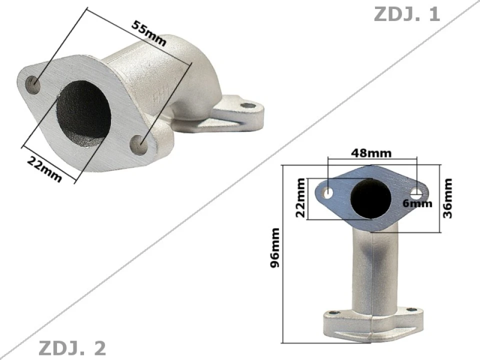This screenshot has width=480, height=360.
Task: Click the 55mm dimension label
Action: click(148, 32)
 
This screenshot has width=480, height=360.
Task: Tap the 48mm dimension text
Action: click(371, 153)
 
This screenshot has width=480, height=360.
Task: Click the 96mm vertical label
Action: click(275, 247)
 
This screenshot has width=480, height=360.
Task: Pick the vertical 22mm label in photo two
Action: click(300, 198)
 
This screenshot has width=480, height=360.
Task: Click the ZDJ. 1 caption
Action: click(406, 14)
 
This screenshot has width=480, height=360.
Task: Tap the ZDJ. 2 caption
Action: click(72, 347)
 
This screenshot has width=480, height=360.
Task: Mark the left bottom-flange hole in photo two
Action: click(333, 313)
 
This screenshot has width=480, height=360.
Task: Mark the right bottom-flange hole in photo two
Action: click(411, 310)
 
